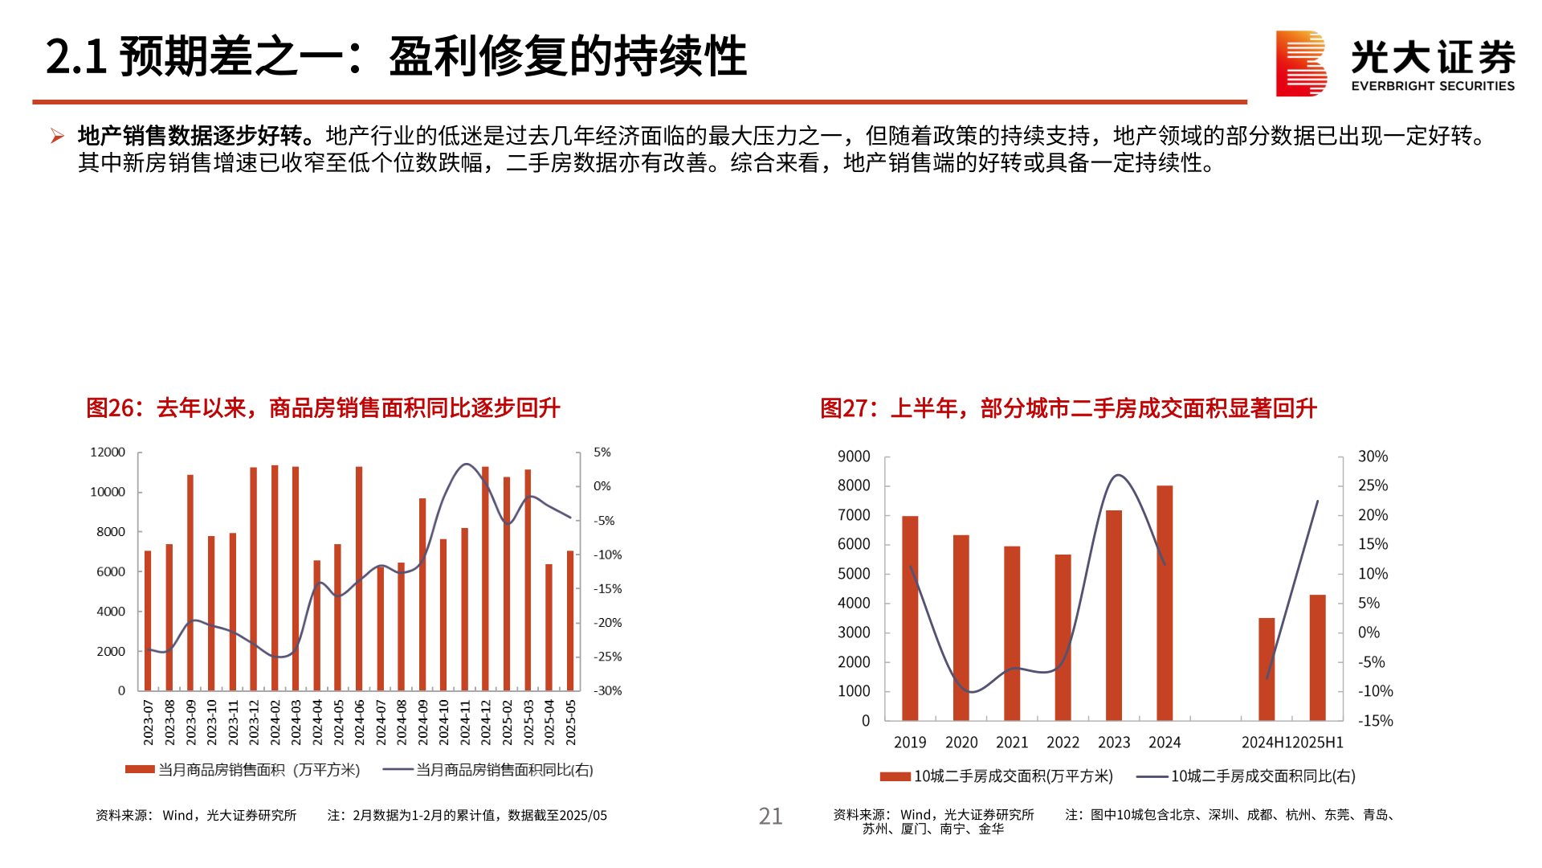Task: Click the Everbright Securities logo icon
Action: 1300,63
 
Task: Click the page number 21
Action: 770,816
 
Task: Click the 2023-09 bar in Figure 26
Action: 190,583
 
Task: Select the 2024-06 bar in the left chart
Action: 359,579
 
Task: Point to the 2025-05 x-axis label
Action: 571,722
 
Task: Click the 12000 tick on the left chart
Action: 108,452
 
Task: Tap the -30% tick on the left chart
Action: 607,690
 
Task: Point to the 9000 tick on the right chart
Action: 854,457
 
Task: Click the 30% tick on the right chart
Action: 1373,457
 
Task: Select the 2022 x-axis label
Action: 1063,743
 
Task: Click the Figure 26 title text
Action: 323,408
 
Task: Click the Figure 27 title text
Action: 1068,408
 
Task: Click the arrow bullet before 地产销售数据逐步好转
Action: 57,136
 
